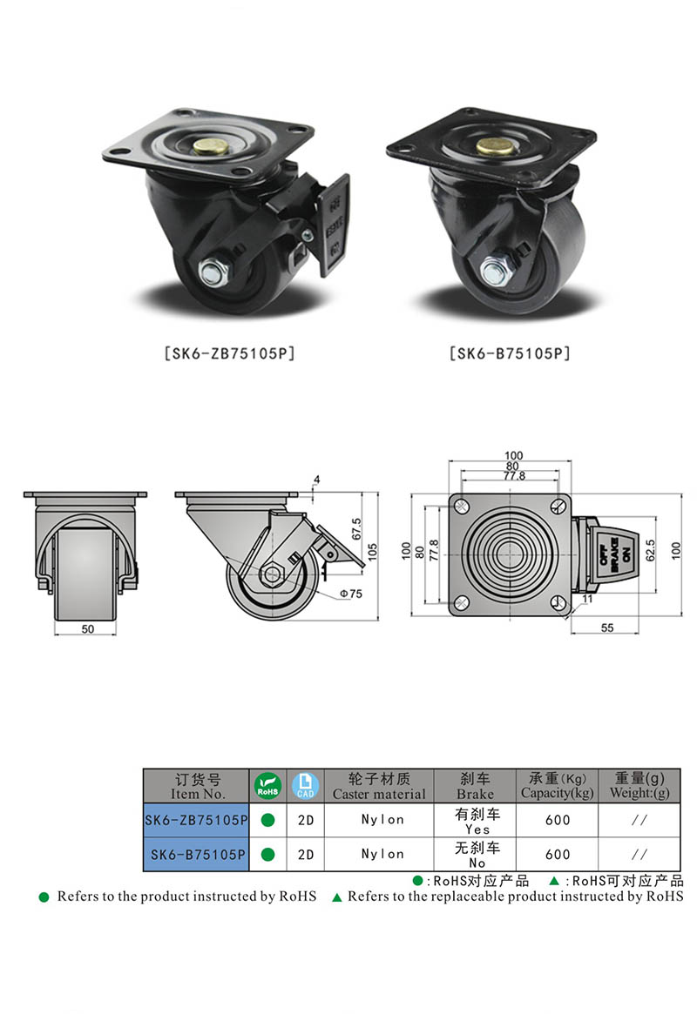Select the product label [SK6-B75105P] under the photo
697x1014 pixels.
[510, 353]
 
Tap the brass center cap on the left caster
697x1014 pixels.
[208, 149]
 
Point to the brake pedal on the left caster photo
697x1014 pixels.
[334, 223]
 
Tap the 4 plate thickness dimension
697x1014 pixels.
[316, 480]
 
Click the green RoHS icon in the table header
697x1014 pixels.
[267, 786]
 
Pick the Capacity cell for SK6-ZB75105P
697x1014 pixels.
[557, 819]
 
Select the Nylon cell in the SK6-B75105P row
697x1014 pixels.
[382, 854]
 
